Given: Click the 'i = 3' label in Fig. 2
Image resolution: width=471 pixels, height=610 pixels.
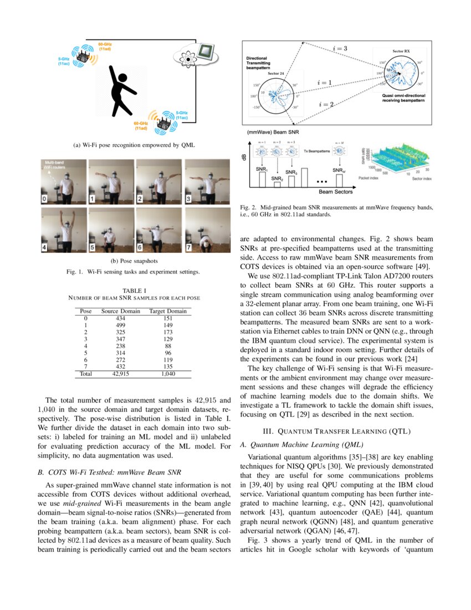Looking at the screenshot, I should coord(340,49).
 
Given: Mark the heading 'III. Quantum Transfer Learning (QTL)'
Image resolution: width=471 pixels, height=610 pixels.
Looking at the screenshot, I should coord(339,431).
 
